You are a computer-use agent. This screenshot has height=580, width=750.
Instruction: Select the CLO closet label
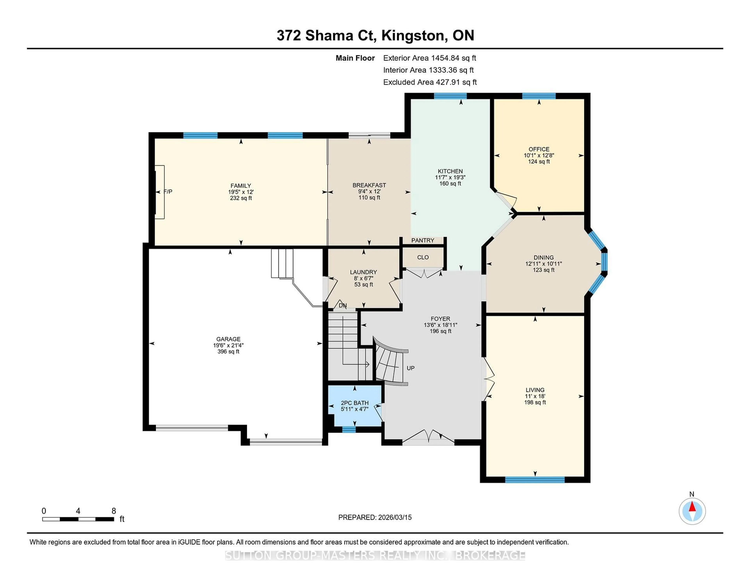coord(423,257)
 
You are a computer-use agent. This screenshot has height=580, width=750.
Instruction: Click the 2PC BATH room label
coord(354,403)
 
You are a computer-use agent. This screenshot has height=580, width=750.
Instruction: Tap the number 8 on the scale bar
coord(114,511)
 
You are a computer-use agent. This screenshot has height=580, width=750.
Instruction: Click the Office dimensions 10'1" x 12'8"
coord(539,155)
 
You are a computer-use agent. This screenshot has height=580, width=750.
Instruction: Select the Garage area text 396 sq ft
coord(228,352)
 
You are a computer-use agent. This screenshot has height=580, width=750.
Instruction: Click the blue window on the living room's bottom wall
coord(535,480)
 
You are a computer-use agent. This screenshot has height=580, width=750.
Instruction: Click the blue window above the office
coord(539,96)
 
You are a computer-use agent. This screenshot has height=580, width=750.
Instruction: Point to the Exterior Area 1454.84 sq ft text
coord(430,58)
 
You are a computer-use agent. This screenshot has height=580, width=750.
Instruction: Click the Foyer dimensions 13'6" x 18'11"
coord(440,325)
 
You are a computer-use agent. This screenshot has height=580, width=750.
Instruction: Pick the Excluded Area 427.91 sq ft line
coord(430,82)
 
